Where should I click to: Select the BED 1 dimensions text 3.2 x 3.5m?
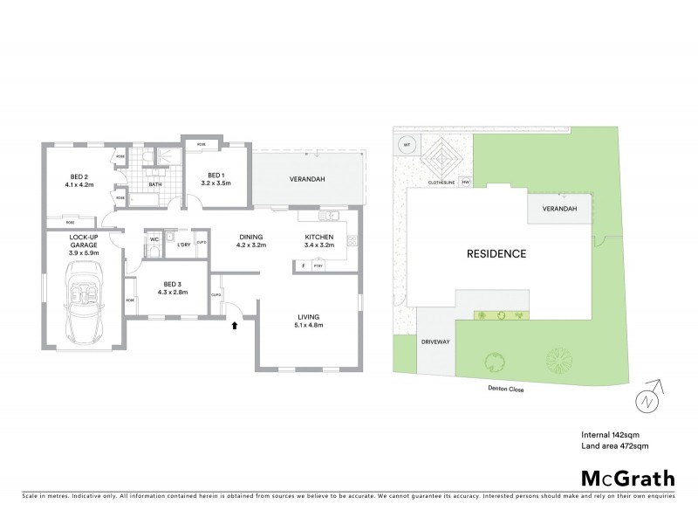(x=214, y=184)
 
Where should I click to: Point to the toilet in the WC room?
(x=154, y=250)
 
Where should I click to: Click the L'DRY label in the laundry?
(x=183, y=245)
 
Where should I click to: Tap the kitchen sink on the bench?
(x=330, y=216)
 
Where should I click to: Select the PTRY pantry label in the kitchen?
(x=318, y=265)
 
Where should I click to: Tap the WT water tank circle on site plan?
(x=406, y=145)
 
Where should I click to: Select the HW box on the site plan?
(x=465, y=183)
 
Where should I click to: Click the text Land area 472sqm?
(x=615, y=445)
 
